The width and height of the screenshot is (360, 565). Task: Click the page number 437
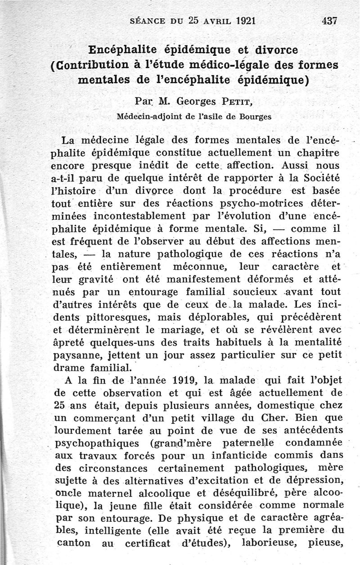[329, 21]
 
